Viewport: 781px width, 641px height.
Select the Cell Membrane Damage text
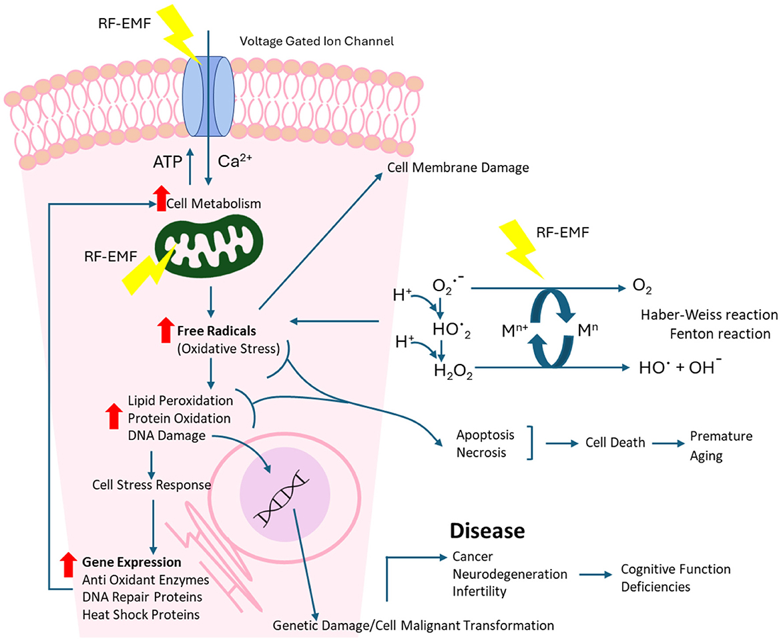458,168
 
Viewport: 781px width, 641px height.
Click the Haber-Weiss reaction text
709,314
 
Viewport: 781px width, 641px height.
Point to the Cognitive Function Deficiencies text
676,578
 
